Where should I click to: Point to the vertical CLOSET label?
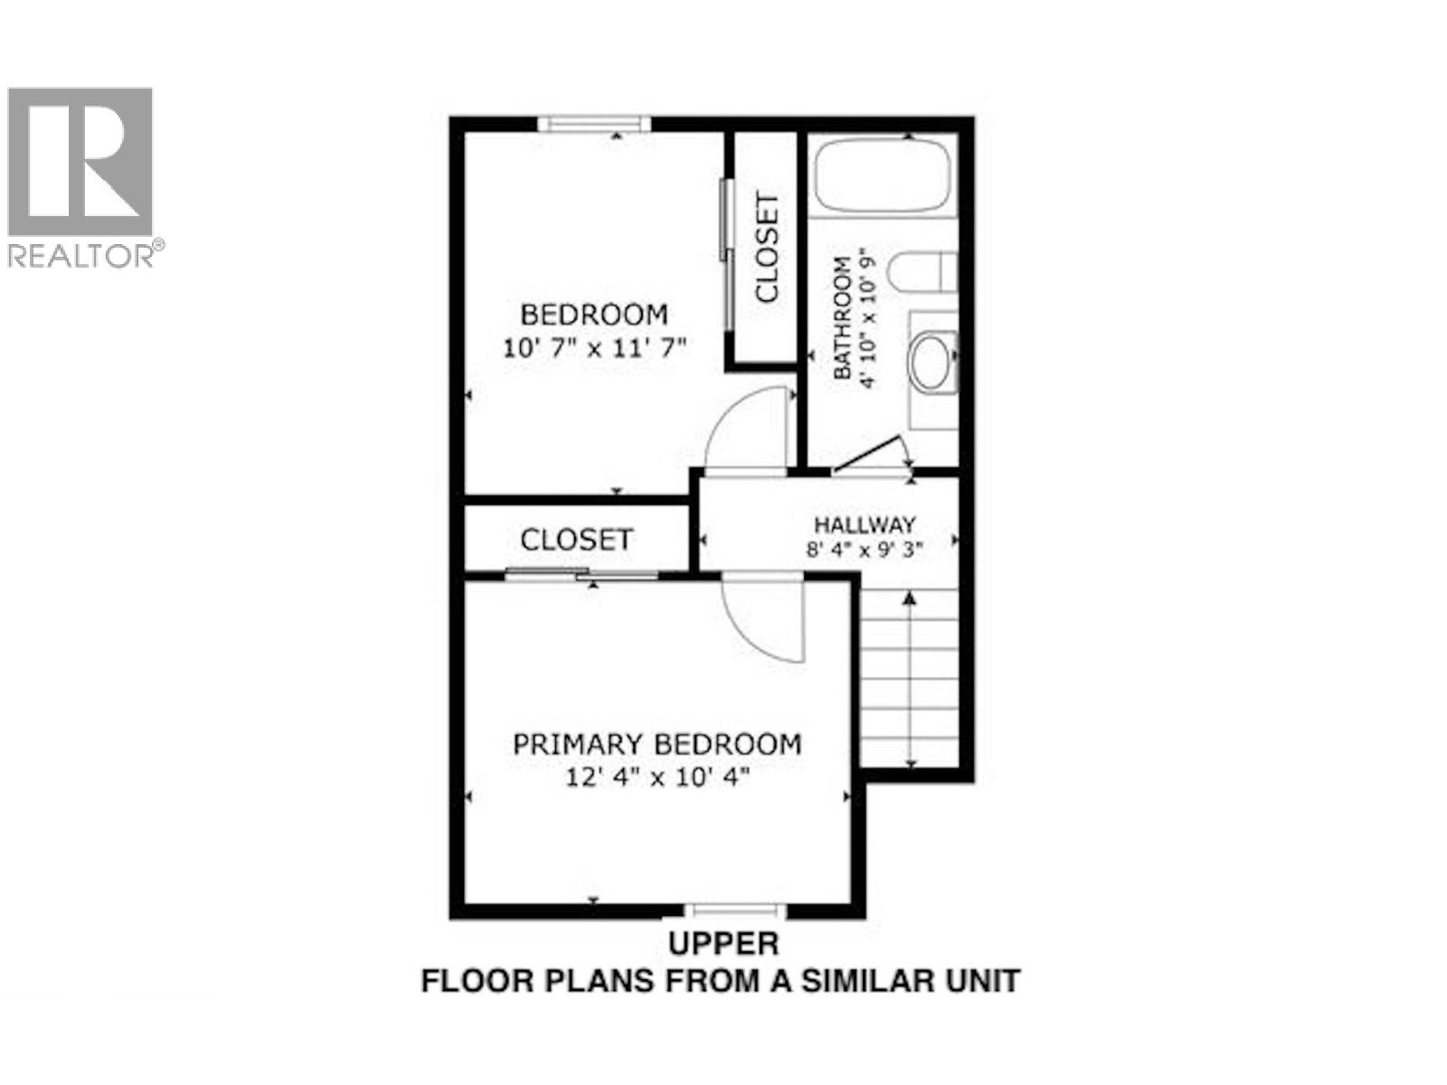point(767,249)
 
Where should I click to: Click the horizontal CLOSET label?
point(576,540)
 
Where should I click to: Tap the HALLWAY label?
point(865,524)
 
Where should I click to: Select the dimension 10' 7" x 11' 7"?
point(595,347)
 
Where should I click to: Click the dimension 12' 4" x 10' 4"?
point(657,777)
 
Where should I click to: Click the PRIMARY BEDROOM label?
point(657,744)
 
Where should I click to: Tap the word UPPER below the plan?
point(723,944)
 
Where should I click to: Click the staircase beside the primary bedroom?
point(909,678)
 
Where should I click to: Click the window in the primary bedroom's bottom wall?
point(733,910)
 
